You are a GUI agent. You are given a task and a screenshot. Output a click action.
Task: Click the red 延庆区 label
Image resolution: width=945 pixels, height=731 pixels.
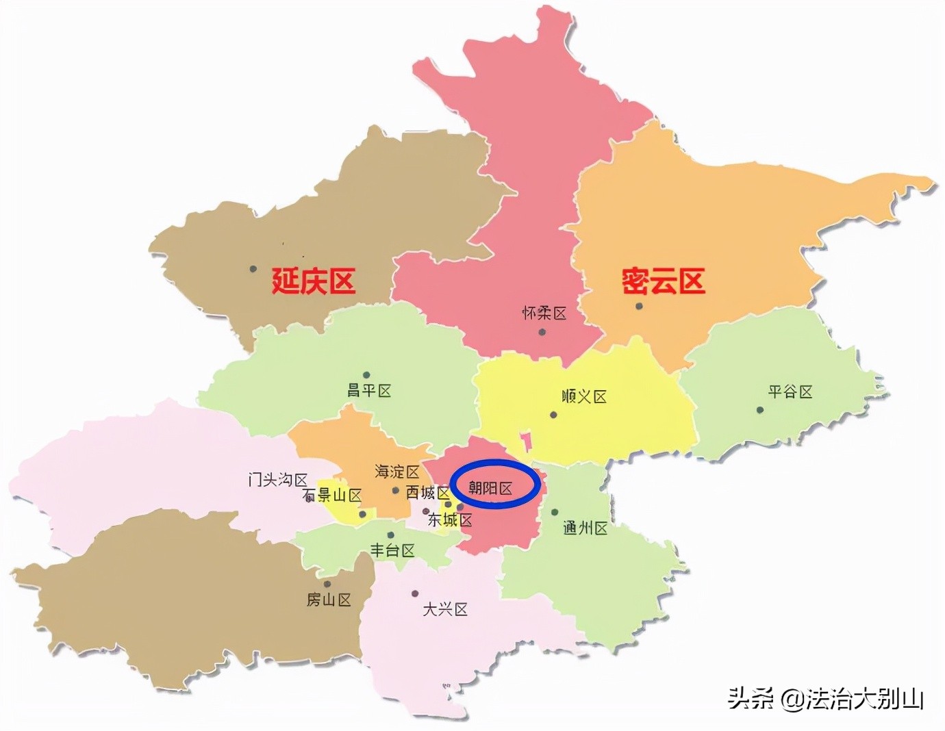tap(313, 281)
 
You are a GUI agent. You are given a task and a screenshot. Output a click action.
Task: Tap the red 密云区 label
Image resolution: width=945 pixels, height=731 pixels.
tap(663, 281)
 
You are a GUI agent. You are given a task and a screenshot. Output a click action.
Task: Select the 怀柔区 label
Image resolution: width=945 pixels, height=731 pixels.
tap(544, 313)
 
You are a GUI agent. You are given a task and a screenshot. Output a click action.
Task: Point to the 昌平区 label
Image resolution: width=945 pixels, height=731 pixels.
tap(369, 391)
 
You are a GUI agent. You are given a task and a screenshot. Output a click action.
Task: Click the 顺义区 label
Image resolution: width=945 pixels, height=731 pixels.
tap(584, 397)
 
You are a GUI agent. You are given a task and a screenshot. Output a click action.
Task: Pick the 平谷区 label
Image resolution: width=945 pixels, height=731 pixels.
tap(790, 392)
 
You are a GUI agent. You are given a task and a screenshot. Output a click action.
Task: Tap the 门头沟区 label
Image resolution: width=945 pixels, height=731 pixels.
tap(278, 480)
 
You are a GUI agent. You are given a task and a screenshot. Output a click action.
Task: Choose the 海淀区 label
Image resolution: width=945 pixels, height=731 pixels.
tap(397, 472)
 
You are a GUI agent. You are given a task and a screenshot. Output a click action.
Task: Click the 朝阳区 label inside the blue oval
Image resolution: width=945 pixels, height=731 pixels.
tap(490, 488)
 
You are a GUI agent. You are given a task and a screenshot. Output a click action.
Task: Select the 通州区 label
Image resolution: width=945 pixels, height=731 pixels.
tap(585, 528)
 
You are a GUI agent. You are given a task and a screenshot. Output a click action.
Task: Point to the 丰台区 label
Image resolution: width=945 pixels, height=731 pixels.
tap(392, 550)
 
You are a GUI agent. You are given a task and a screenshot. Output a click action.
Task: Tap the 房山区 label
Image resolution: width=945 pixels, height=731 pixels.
tap(329, 600)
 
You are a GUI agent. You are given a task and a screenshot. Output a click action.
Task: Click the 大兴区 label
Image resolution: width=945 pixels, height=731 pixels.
tap(445, 609)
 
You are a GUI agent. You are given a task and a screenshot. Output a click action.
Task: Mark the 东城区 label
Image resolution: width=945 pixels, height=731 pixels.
tap(450, 520)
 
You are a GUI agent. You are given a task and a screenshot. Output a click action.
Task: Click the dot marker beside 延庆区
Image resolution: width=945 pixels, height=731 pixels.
tap(253, 269)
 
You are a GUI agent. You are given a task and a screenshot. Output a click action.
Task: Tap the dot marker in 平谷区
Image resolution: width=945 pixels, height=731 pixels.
tap(760, 410)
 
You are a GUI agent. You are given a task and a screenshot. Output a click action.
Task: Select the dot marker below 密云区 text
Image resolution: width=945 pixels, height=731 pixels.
tap(639, 306)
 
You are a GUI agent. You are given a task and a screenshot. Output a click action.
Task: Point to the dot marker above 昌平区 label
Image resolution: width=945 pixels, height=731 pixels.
tap(366, 375)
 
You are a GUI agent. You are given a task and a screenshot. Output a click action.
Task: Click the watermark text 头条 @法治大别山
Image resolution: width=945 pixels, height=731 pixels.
tap(826, 699)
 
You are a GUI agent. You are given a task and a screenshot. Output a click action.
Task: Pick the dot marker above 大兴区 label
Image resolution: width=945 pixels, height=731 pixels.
tap(415, 593)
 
